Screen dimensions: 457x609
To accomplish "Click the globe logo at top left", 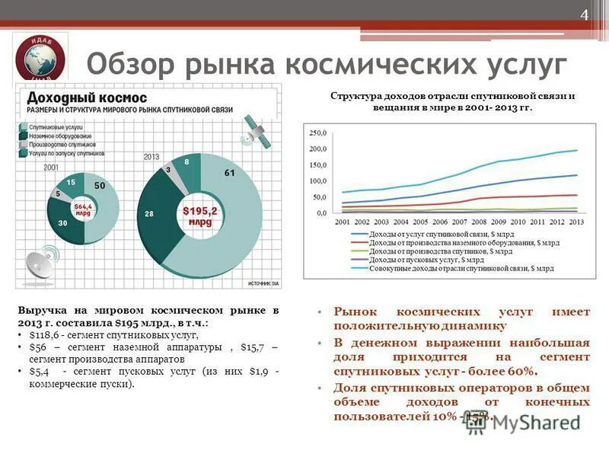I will pyautogui.click(x=40, y=59).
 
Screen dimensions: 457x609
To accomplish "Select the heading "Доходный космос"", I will pyautogui.click(x=77, y=98).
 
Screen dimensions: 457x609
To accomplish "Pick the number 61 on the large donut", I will pyautogui.click(x=229, y=173).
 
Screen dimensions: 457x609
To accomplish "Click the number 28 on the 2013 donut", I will pyautogui.click(x=150, y=213).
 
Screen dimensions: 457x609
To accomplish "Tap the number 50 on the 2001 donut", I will pyautogui.click(x=100, y=186).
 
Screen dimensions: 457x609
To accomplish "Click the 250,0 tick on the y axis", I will pyautogui.click(x=317, y=133).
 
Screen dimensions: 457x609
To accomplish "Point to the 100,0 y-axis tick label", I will pyautogui.click(x=317, y=181).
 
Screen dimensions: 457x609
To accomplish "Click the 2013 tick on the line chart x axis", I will pyautogui.click(x=576, y=222).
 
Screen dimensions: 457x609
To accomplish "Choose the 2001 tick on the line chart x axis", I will pyautogui.click(x=343, y=222).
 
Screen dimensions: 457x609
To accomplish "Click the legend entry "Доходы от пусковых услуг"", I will pyautogui.click(x=414, y=260).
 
